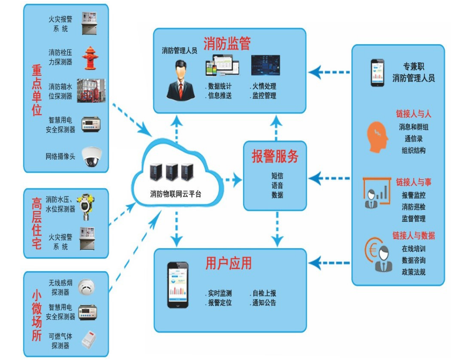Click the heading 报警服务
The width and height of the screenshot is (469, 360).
[275, 157]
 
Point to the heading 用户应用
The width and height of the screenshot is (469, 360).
[229, 264]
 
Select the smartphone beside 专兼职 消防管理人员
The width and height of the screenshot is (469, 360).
[376, 72]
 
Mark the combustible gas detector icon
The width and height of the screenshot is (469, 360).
[88, 340]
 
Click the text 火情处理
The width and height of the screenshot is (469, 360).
[264, 86]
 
